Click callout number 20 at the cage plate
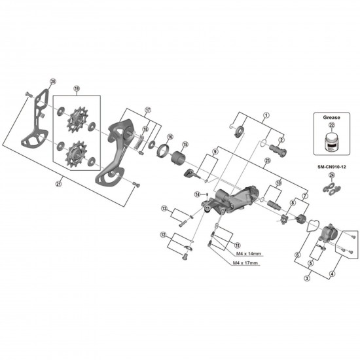pyautogui.click(x=53, y=81)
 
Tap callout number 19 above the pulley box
pyautogui.click(x=77, y=88)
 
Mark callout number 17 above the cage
pyautogui.click(x=148, y=110)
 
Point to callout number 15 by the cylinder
pyautogui.click(x=185, y=145)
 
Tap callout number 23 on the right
pyautogui.click(x=268, y=161)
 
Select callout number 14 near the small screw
pyautogui.click(x=196, y=194)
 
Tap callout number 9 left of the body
pyautogui.click(x=214, y=152)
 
